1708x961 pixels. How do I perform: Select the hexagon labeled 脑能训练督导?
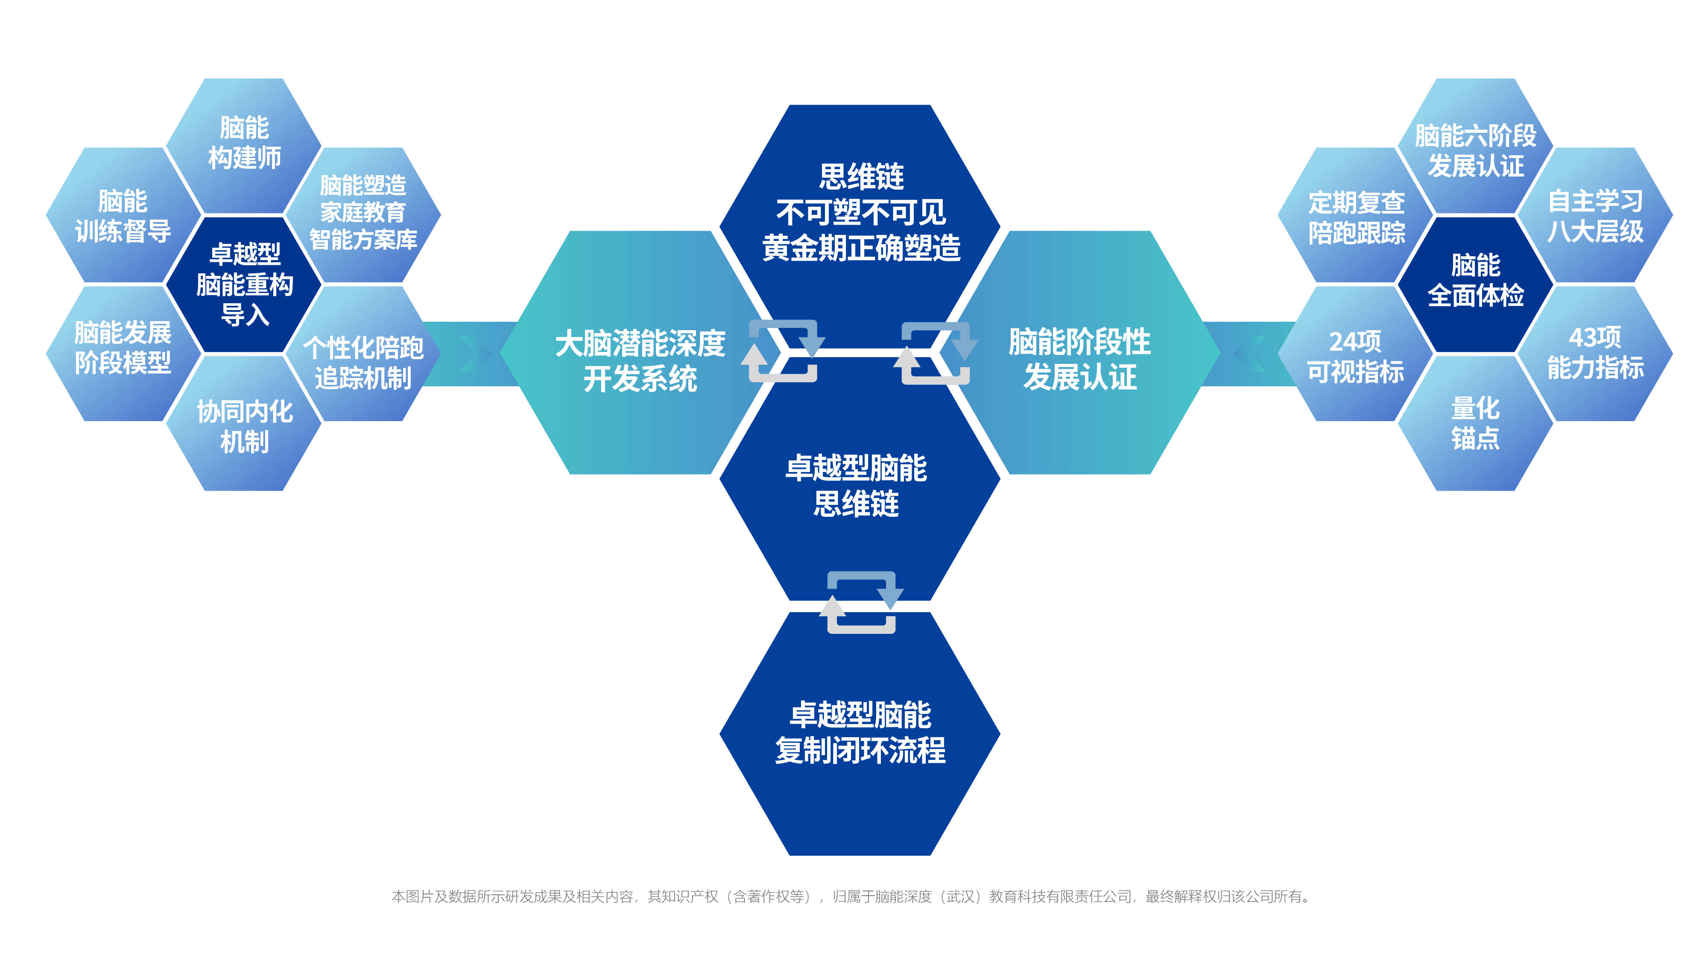click(123, 216)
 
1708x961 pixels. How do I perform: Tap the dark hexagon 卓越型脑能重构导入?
click(245, 284)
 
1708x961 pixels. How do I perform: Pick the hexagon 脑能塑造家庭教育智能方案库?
click(363, 213)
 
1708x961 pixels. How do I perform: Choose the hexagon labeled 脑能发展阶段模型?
click(123, 348)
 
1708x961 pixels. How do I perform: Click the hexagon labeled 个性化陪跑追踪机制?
click(363, 363)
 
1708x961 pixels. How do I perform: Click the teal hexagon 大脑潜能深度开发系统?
click(640, 361)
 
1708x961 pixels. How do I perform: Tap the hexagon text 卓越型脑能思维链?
click(856, 486)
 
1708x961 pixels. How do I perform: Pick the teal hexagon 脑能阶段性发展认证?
click(1079, 360)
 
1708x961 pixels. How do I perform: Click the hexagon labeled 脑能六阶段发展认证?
click(1475, 150)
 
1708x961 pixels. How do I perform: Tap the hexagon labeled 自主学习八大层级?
click(1595, 216)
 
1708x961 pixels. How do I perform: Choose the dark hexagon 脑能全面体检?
click(1475, 281)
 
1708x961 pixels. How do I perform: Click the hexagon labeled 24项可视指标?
click(1355, 357)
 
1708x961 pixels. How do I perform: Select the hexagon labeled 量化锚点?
click(1475, 424)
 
